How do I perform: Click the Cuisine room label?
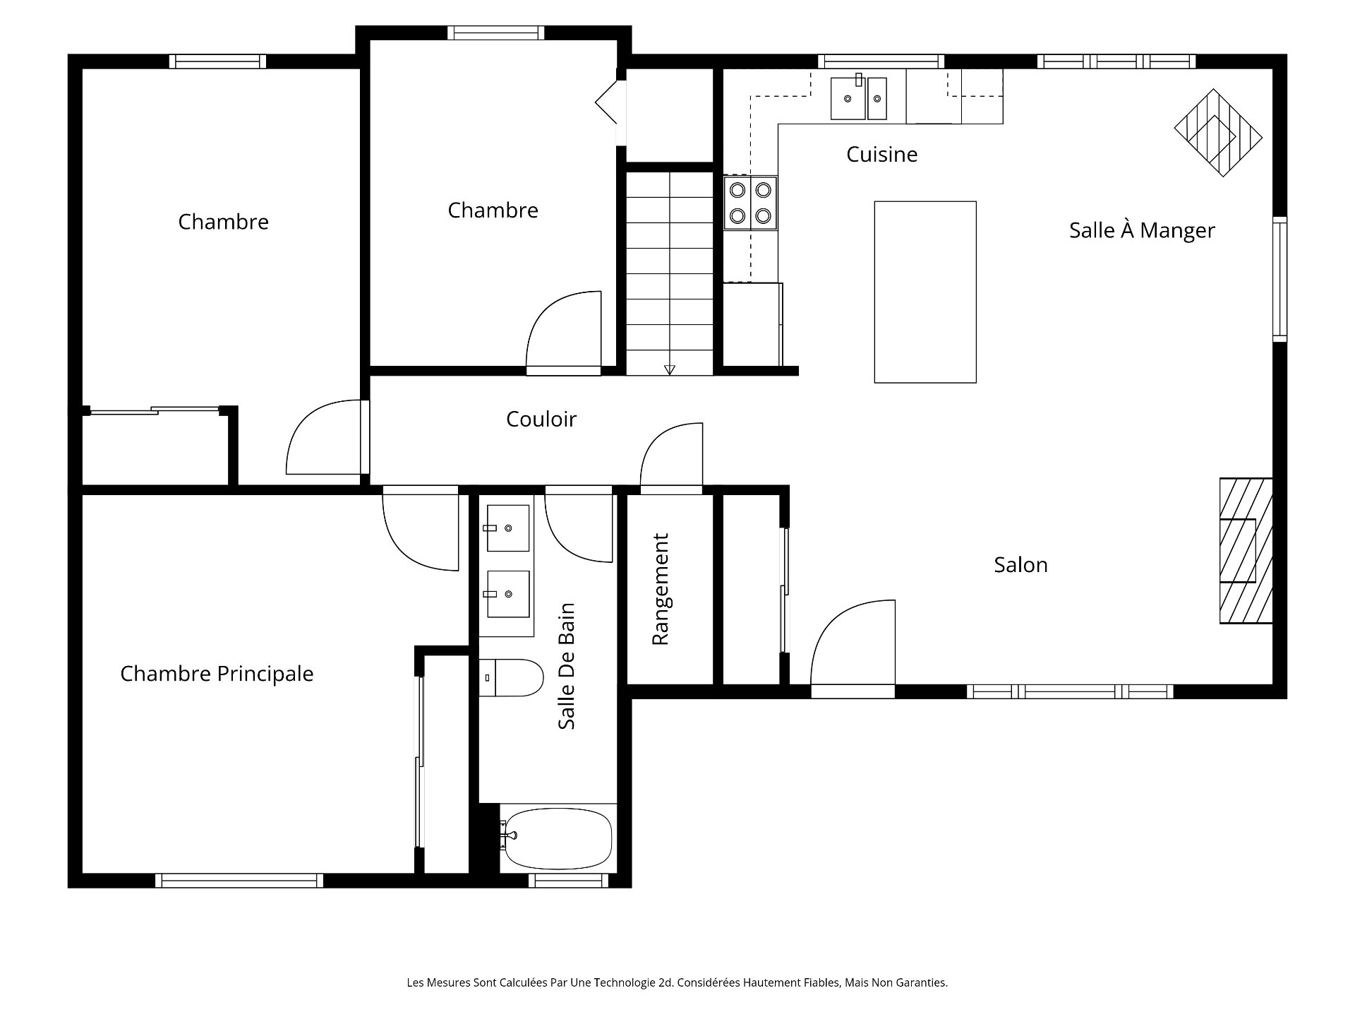point(881,155)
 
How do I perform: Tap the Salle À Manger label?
point(1141,231)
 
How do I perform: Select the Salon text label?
point(1020,565)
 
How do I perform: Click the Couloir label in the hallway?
point(541,420)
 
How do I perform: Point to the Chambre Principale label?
point(217,674)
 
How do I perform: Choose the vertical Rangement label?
point(660,589)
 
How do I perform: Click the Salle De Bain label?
point(567,666)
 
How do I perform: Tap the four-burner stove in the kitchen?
point(750,203)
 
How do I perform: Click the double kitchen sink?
point(858,99)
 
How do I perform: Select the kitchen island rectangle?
point(925,292)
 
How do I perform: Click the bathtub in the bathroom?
point(558,839)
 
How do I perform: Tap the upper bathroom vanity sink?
point(507,528)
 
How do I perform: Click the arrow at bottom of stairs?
point(670,369)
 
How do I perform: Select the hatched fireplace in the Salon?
point(1246,551)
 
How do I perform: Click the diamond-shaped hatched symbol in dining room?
point(1217,132)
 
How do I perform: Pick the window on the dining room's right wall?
point(1279,279)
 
